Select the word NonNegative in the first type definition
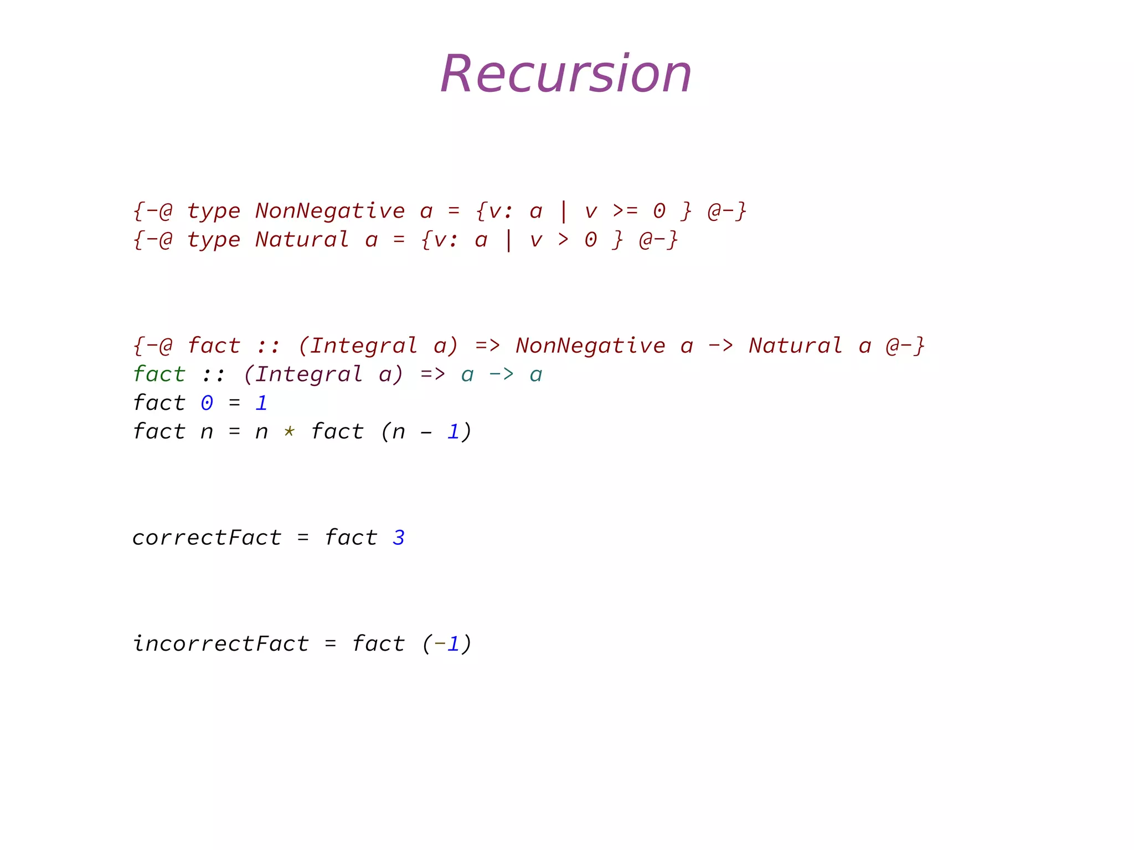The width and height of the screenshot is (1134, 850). point(330,211)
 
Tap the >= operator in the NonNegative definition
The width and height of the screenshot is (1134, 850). point(625,211)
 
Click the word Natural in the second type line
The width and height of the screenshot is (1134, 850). point(302,240)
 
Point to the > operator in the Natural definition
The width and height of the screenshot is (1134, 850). point(563,240)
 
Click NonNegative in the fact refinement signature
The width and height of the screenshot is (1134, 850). point(590,346)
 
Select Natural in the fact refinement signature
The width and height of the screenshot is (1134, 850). point(795,346)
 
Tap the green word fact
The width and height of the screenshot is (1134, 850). point(159,374)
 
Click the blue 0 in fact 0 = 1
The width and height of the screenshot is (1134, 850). point(207,403)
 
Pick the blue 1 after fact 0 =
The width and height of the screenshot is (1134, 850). point(261,403)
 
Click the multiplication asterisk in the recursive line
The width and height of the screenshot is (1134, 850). point(289,432)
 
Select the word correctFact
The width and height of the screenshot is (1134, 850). point(207,538)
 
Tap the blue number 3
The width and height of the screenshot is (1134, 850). point(399,538)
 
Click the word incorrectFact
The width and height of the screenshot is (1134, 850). point(220,644)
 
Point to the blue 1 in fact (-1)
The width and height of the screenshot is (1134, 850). point(453,644)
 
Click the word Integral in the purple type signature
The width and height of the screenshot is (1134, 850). point(309,374)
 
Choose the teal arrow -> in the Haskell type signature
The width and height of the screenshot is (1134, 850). point(501,374)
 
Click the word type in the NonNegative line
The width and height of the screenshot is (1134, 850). point(214,211)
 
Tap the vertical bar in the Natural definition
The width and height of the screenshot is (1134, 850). point(508,240)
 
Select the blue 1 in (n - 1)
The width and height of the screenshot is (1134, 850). point(453,432)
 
